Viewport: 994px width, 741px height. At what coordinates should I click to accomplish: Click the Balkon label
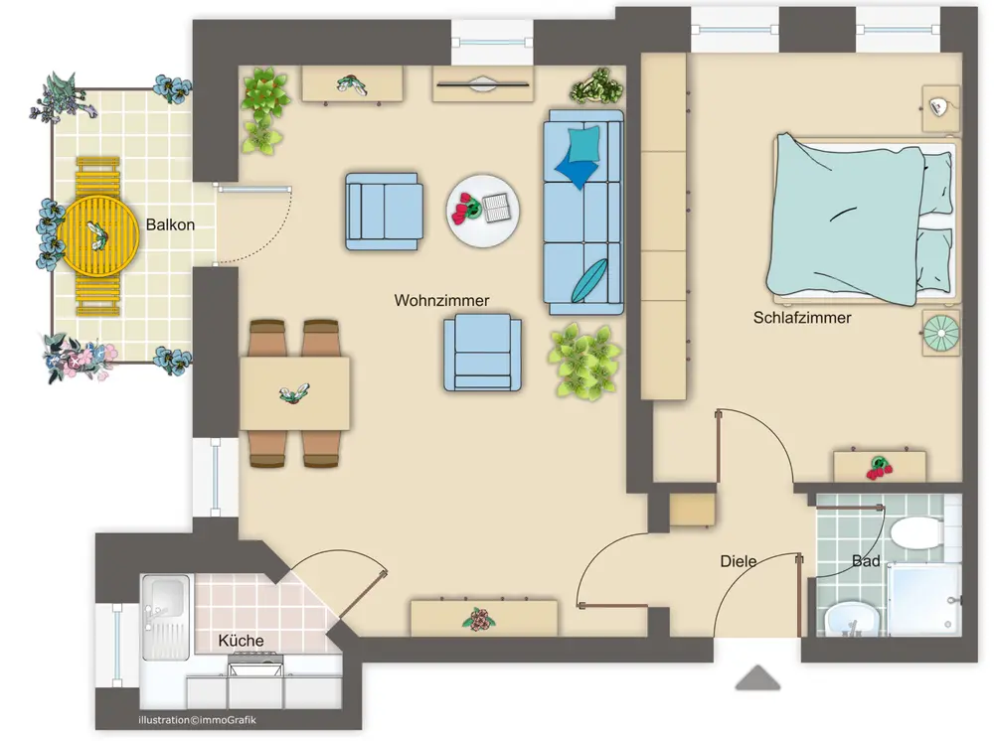pos(170,224)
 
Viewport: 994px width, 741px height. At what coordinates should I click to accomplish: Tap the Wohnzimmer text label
pos(442,300)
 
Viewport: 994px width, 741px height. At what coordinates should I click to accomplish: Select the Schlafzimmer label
pos(802,317)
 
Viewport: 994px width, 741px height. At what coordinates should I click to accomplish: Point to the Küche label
pos(241,641)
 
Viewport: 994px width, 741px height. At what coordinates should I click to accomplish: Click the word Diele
pos(739,561)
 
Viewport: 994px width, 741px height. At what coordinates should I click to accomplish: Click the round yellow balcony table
pos(98,235)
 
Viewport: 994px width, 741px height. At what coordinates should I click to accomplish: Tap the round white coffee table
pos(483,211)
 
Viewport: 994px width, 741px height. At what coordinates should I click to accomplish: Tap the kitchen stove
pos(255,668)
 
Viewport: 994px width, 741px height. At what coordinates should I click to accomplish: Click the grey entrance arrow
pos(757,677)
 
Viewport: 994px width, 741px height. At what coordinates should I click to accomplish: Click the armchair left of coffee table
pos(384,212)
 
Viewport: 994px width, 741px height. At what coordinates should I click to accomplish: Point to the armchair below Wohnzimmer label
pos(482,353)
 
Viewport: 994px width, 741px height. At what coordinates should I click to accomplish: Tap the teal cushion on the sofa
pos(583,145)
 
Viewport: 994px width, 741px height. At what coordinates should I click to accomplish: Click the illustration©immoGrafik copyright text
pos(197,719)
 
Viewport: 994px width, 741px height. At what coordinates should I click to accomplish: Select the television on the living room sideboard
pos(483,84)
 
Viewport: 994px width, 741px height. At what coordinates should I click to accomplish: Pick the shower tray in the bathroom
pos(924,600)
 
